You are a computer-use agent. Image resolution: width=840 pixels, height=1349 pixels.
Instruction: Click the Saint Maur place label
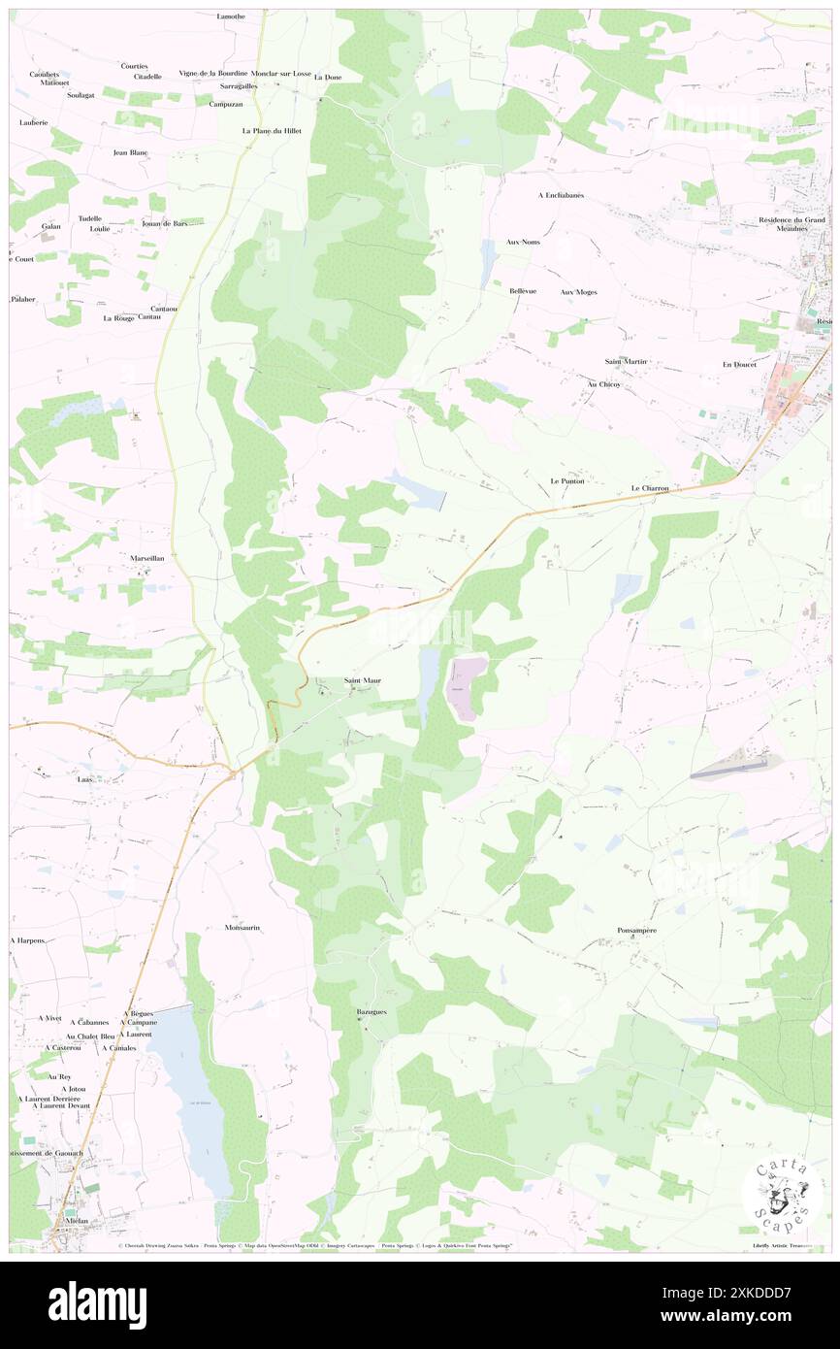[363, 680]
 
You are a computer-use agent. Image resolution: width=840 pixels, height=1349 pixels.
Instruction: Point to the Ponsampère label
[637, 930]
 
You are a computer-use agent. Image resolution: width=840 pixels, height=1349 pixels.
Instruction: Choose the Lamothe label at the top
[231, 16]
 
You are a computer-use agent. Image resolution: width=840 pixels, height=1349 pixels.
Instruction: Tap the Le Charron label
[650, 488]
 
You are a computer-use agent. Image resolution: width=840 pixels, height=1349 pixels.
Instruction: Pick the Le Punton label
[567, 480]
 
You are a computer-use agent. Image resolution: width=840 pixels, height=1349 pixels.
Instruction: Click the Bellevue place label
[523, 290]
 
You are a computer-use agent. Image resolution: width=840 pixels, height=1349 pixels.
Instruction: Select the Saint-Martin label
[626, 361]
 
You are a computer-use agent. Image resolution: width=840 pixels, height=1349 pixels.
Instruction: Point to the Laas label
[84, 778]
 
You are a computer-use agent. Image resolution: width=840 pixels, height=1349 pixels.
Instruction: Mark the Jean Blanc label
[130, 152]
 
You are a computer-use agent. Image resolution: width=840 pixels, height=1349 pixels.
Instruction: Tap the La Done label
[328, 77]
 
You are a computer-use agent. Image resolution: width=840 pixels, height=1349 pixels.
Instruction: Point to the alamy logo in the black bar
[97, 1304]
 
